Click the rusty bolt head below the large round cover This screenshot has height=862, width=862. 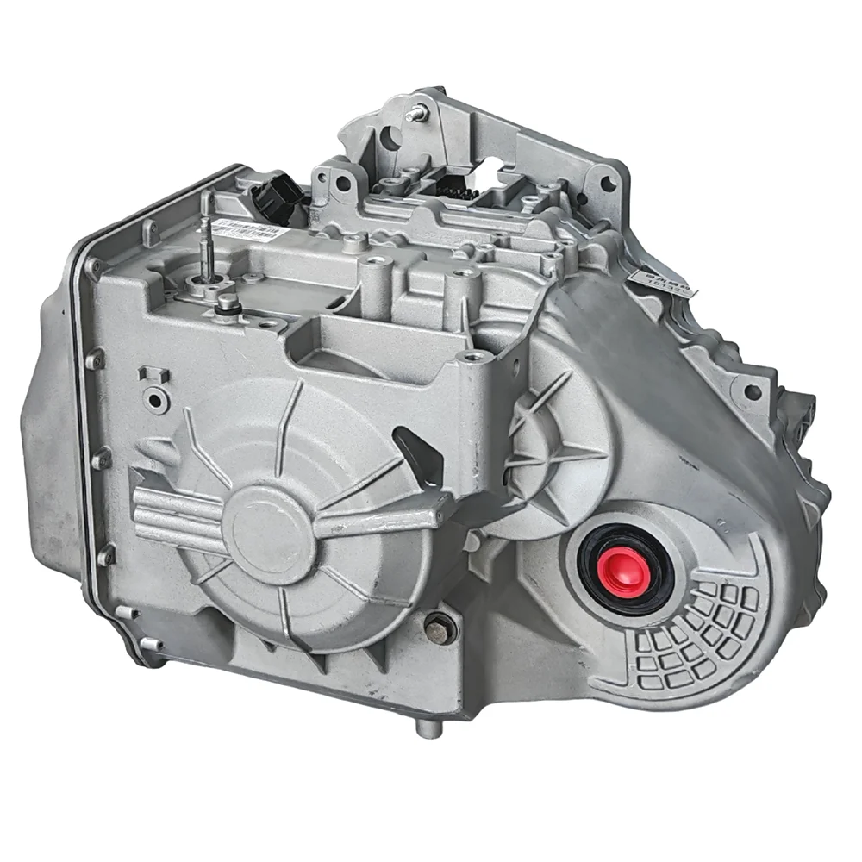click(439, 629)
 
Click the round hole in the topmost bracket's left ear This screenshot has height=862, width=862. click(390, 135)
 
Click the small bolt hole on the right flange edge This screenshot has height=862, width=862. click(752, 393)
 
